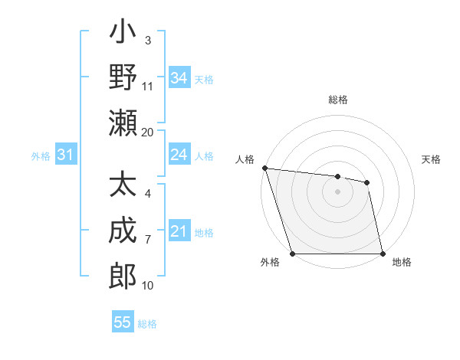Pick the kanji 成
[x=123, y=231]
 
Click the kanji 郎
[x=123, y=275]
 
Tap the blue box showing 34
[x=179, y=77]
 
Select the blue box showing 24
[x=179, y=155]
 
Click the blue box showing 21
[x=179, y=231]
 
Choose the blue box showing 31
[x=65, y=155]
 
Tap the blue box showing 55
[x=123, y=322]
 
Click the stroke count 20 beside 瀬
[x=148, y=132]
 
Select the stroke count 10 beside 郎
[x=148, y=286]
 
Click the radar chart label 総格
[x=337, y=100]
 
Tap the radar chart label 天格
[x=431, y=159]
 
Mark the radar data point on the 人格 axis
[x=264, y=168]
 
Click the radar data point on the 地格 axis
[x=382, y=254]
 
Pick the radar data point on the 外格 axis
[x=292, y=254]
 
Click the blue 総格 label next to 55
[x=147, y=324]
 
